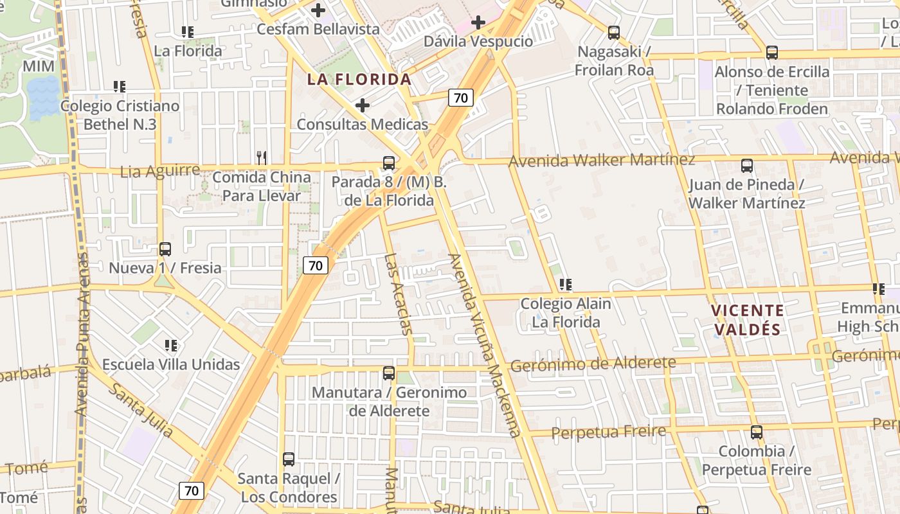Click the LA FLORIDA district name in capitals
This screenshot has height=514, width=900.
(359, 80)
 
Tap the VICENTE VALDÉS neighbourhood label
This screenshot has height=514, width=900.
(747, 320)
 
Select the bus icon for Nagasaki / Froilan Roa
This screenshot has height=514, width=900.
(614, 32)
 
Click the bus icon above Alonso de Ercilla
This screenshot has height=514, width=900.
(772, 52)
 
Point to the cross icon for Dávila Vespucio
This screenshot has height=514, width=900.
(478, 22)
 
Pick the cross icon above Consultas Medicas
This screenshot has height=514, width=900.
(363, 105)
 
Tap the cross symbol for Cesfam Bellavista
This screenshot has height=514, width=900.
(318, 10)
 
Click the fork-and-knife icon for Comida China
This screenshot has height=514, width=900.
(261, 157)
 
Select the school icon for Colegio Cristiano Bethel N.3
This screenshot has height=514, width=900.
(119, 86)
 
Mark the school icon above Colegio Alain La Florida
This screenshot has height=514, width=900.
(565, 284)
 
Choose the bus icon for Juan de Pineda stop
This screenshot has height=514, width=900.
(747, 165)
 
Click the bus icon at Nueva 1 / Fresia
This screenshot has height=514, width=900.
(165, 249)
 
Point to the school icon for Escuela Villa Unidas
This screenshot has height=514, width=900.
(171, 345)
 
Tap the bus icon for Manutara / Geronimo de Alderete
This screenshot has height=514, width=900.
(389, 373)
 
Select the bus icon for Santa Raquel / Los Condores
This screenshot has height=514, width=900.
(289, 459)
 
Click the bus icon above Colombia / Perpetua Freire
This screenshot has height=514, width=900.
(757, 432)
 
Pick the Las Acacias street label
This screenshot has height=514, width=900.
(398, 294)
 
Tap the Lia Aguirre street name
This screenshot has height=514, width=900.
(160, 171)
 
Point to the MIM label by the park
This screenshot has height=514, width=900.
(39, 66)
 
